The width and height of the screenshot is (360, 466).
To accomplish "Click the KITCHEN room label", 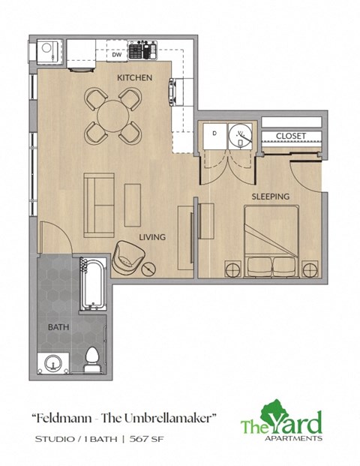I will (135, 77).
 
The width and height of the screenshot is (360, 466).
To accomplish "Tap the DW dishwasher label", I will (116, 55).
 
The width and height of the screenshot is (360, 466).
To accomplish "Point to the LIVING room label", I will (151, 237).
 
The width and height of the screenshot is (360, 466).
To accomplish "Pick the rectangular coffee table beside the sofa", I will (133, 199).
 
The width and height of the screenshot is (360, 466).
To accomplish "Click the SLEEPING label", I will (270, 197).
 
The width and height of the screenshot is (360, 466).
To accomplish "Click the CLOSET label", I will (290, 136).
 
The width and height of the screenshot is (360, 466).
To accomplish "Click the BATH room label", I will (58, 328).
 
